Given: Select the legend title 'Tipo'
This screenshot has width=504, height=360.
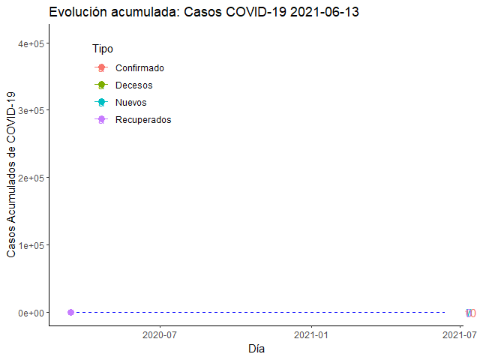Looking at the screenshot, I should tap(103, 49).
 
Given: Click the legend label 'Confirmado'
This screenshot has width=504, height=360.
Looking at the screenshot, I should tap(139, 68).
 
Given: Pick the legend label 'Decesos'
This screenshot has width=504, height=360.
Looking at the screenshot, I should tap(133, 85).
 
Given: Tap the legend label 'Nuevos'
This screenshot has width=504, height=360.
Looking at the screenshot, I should tap(131, 103).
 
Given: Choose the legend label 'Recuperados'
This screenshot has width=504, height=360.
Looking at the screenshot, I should tap(143, 120).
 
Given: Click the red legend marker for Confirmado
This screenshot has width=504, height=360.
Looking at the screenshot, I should tap(102, 68).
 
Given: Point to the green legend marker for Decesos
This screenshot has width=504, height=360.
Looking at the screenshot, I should tap(102, 85).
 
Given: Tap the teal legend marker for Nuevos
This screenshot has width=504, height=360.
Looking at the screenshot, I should tap(102, 103).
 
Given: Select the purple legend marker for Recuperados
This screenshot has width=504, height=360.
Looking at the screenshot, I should tap(102, 120).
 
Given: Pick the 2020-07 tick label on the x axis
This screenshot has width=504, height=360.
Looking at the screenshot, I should tap(159, 335).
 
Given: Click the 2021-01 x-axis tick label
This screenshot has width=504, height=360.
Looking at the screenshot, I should tap(310, 335).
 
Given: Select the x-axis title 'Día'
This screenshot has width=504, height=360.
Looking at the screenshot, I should tap(256, 349).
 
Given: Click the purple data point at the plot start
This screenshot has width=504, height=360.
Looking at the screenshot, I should tap(70, 312).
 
